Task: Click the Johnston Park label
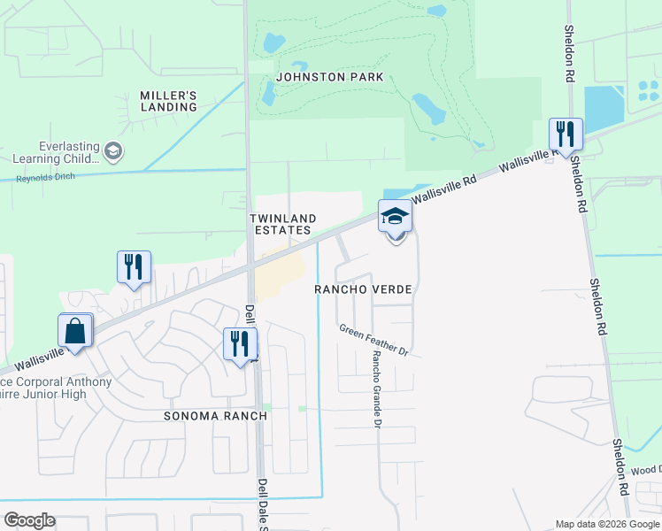coord(329,77)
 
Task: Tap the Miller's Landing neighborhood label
coord(168,101)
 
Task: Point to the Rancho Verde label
coord(365,289)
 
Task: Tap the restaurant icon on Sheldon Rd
coord(566,135)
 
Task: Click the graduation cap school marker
coord(395,215)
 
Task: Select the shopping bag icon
coord(76,331)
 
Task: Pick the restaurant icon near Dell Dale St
coord(240,343)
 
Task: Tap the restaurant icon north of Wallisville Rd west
coord(134,267)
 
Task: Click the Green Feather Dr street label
coord(373,341)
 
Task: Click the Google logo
coord(29,520)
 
